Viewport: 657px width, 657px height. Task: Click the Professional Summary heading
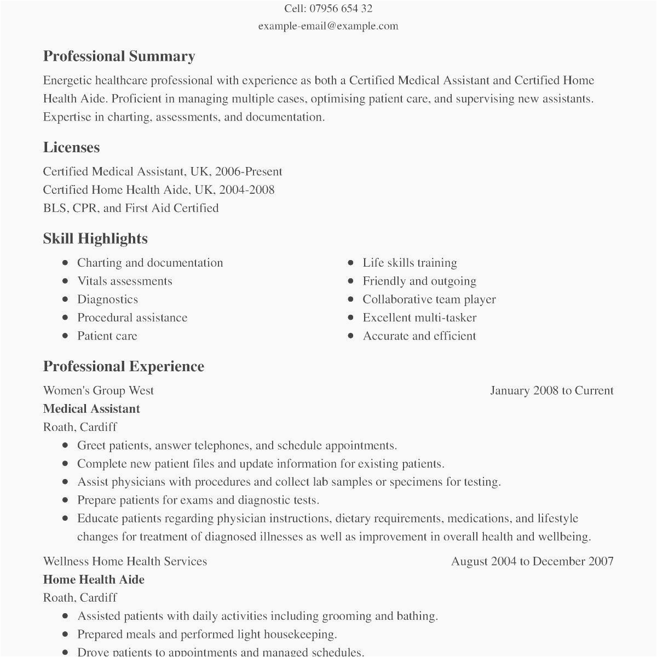tap(119, 56)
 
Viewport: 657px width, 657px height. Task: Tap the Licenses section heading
tap(71, 147)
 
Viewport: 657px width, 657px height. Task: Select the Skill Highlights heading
tap(95, 239)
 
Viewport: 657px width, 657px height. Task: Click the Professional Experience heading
tap(123, 366)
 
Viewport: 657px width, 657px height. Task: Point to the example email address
tap(328, 26)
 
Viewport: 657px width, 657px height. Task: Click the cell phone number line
tap(328, 9)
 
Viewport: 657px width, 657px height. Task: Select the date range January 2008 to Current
tap(551, 390)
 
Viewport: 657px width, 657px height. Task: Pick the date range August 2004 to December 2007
tap(532, 561)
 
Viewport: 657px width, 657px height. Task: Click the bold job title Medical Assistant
tap(91, 409)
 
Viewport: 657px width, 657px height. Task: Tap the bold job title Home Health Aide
tap(94, 580)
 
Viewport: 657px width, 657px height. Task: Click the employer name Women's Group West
tap(99, 390)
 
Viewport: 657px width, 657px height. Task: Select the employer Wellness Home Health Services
tap(125, 561)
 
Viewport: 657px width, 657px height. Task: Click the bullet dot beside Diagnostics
tap(66, 299)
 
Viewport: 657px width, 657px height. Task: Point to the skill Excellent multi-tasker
tap(419, 318)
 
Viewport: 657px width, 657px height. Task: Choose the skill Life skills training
tap(410, 263)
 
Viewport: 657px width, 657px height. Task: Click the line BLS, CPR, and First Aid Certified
tap(131, 208)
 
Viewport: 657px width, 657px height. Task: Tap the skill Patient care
tap(107, 336)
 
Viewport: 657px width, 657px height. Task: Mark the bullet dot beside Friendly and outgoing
tap(350, 281)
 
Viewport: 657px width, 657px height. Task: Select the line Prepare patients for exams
tap(198, 500)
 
